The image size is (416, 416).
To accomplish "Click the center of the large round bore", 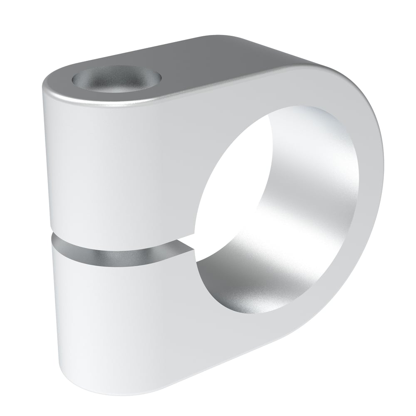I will (x=277, y=210).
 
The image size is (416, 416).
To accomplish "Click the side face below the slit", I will (x=125, y=316).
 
